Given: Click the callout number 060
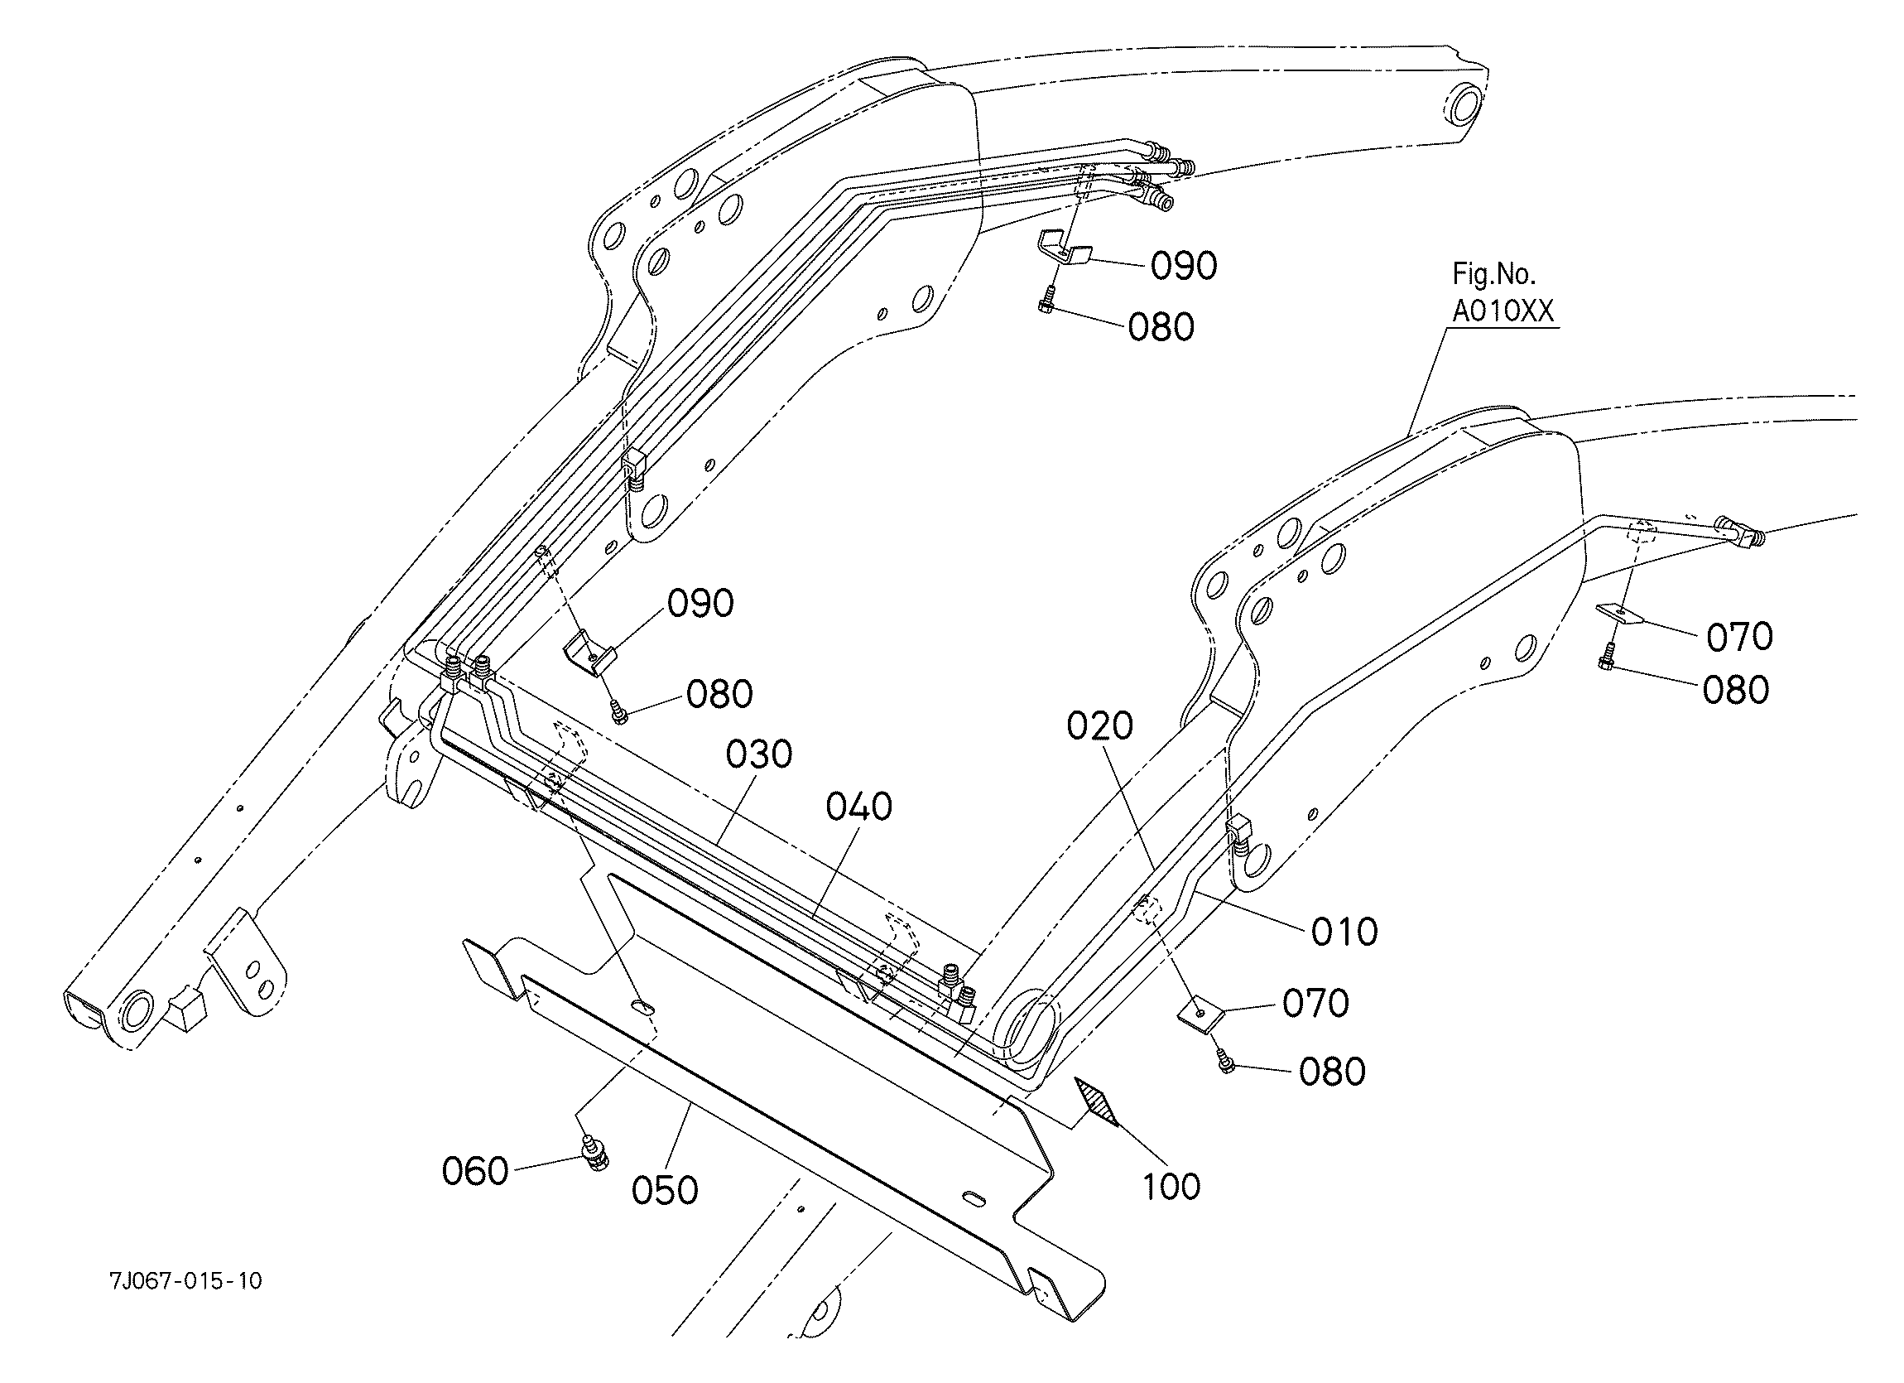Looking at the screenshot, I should point(475,1171).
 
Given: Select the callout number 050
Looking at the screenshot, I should point(664,1191).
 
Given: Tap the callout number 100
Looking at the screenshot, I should point(1171,1187).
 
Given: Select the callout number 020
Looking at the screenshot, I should point(1099,726).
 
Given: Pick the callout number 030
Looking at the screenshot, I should point(759,755).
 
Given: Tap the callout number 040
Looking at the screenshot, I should point(858,807).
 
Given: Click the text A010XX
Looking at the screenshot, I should point(1503,311).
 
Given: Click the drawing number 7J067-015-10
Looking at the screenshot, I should point(185,1280).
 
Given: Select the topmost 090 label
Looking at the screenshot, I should point(1184,266).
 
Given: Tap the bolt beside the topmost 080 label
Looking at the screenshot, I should point(1046,298).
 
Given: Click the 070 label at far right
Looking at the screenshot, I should point(1739,638).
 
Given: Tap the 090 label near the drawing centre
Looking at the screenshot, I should point(700,604).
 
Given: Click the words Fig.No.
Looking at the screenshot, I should point(1494,274).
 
